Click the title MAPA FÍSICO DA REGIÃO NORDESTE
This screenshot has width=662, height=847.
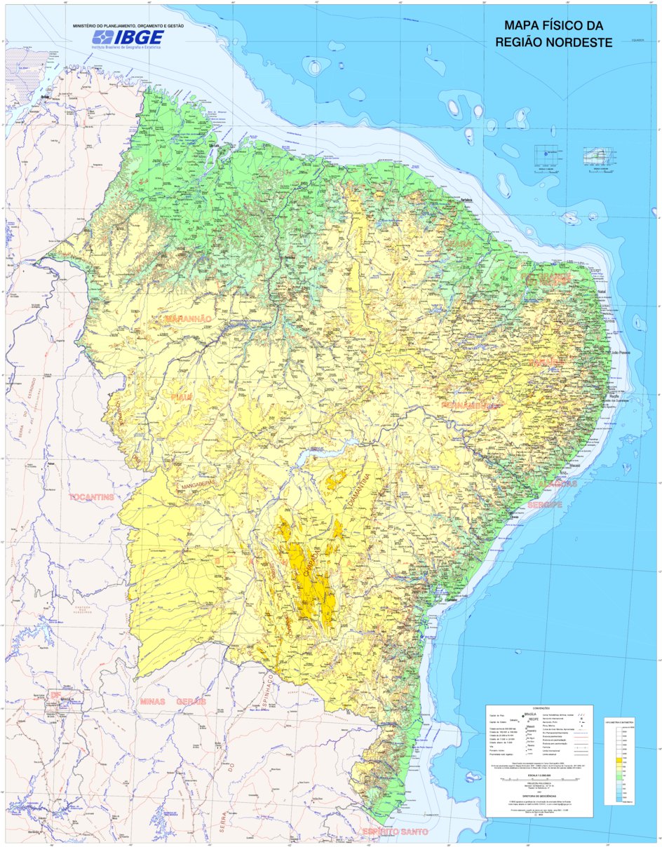(554, 34)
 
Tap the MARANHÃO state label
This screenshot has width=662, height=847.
(187, 319)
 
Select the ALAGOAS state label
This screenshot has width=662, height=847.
(558, 484)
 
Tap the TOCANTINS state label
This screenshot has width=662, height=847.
(91, 497)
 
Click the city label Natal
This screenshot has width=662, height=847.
(600, 291)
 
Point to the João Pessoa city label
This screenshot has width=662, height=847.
(620, 353)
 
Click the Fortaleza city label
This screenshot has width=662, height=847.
(466, 198)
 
